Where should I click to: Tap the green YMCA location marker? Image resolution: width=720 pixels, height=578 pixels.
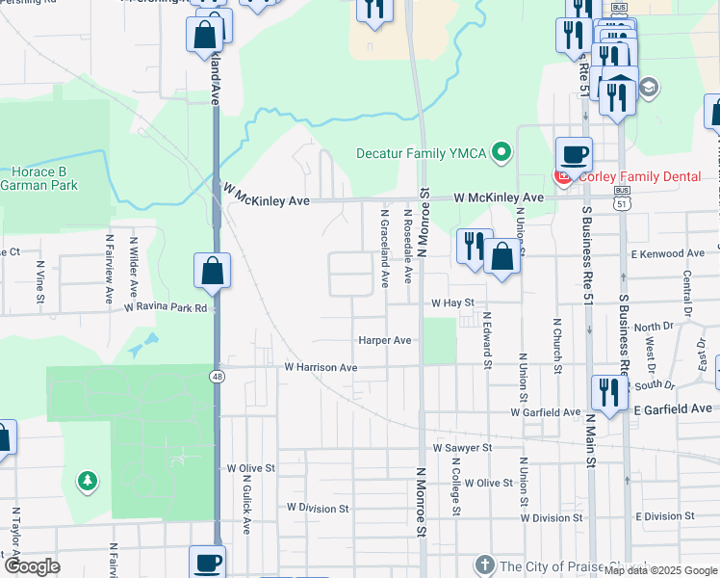501,152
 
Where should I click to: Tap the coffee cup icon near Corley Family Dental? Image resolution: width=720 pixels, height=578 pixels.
574,154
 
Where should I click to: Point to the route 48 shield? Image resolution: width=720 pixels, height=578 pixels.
219,377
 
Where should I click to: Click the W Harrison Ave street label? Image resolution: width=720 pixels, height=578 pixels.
321,368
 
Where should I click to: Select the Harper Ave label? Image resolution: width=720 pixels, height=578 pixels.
384,340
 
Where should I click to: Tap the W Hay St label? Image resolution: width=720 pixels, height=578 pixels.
452,302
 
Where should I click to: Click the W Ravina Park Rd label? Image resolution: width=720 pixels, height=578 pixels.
166,308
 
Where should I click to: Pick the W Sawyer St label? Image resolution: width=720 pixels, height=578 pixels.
462,448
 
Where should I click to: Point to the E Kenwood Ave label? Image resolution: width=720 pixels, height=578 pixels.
668,253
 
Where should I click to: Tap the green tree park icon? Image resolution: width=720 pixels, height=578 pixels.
88,479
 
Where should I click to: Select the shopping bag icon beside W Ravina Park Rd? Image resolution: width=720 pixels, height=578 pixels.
213,273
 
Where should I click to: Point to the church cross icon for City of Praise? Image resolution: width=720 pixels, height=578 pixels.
484,565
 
